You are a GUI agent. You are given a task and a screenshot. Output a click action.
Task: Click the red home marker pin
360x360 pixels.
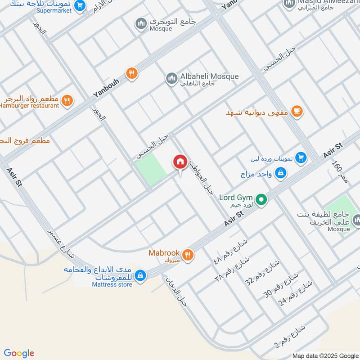(x=180, y=162)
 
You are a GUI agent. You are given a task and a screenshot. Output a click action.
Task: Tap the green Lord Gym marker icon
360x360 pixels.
(x=261, y=198)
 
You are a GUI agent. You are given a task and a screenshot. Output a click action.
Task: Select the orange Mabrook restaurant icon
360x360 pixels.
(x=188, y=255)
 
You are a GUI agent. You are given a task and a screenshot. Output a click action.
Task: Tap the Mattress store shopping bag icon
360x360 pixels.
(x=140, y=275)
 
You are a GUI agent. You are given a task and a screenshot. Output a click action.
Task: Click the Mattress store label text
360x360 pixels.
(x=112, y=284)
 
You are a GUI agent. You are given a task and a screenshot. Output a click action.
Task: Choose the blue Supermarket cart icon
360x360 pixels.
(x=80, y=6)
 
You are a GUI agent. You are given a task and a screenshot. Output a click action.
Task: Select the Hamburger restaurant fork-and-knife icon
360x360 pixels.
(x=67, y=101)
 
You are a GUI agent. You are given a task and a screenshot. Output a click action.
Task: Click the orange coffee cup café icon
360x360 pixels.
(x=297, y=111)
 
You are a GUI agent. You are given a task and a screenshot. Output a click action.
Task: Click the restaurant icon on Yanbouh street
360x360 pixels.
(x=131, y=73)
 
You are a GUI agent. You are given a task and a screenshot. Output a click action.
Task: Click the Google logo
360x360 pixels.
(x=19, y=353)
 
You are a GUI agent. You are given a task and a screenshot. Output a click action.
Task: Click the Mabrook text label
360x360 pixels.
(x=164, y=253)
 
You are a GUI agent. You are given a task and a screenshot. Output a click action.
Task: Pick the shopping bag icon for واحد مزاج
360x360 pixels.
(x=280, y=172)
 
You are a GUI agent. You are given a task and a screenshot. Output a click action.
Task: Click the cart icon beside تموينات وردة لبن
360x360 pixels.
(x=301, y=158)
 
